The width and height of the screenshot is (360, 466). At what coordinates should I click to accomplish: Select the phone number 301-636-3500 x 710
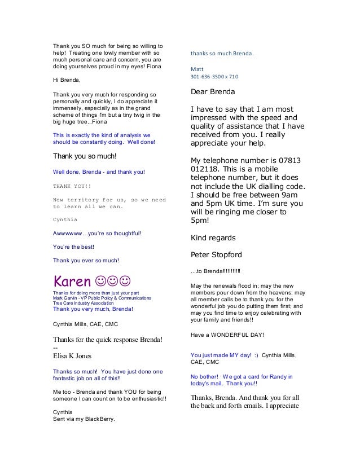click(x=214, y=76)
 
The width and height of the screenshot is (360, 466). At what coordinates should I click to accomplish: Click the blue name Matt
click(x=197, y=68)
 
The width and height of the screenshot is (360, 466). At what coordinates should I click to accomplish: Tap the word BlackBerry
click(x=98, y=419)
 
